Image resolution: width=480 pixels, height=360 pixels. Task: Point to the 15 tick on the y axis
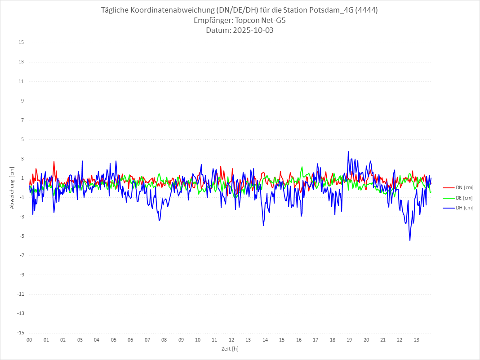(21, 43)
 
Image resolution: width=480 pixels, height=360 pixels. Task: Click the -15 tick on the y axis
(20, 333)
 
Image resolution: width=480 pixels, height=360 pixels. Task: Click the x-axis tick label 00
(29, 340)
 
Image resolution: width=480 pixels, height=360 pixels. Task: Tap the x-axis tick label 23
(417, 340)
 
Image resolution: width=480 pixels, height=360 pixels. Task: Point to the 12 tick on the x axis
(231, 340)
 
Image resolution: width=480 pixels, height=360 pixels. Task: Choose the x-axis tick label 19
(349, 340)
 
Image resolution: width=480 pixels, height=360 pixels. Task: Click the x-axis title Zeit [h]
(230, 349)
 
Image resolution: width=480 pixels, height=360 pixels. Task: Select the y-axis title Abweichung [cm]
(12, 188)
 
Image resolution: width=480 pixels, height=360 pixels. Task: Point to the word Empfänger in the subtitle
(213, 21)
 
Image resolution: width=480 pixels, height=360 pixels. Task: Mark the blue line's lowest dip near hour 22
(410, 240)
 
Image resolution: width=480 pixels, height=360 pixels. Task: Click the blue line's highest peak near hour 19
(348, 151)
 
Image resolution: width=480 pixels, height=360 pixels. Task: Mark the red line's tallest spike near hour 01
(54, 161)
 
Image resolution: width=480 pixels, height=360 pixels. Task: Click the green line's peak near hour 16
(302, 167)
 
